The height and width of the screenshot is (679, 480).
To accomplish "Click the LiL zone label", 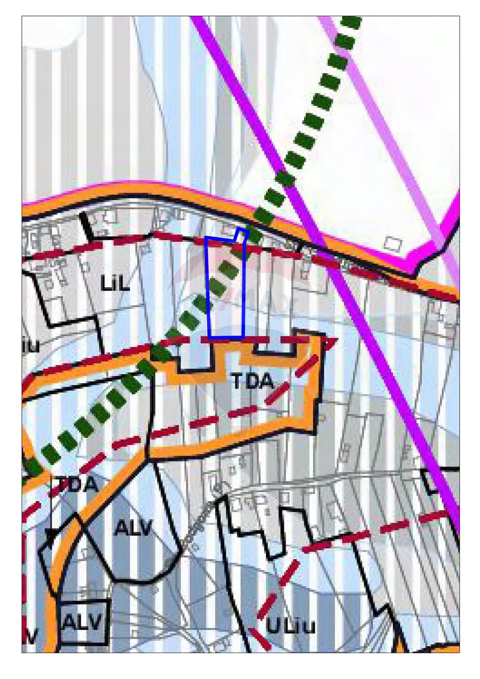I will pos(115,284).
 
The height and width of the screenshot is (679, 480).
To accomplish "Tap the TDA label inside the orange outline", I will pos(253,382).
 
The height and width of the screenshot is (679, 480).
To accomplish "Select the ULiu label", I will pos(290,626).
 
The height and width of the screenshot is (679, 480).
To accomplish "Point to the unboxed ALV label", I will pos(132,528).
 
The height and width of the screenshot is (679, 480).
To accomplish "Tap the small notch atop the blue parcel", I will pos(242,234).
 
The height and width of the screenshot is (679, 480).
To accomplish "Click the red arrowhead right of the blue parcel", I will pos(331,342).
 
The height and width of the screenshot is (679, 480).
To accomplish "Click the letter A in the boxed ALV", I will pos(70,623).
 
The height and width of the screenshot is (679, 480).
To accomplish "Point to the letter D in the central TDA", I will pos(252,382).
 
